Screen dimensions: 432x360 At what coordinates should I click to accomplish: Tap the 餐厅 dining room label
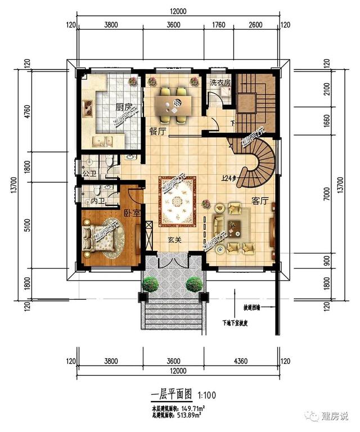click(x=156, y=131)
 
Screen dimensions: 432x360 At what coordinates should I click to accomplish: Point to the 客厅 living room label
click(x=260, y=201)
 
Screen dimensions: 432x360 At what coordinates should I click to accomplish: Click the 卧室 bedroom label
click(x=131, y=211)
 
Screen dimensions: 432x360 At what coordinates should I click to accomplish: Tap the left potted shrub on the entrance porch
click(x=150, y=284)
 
